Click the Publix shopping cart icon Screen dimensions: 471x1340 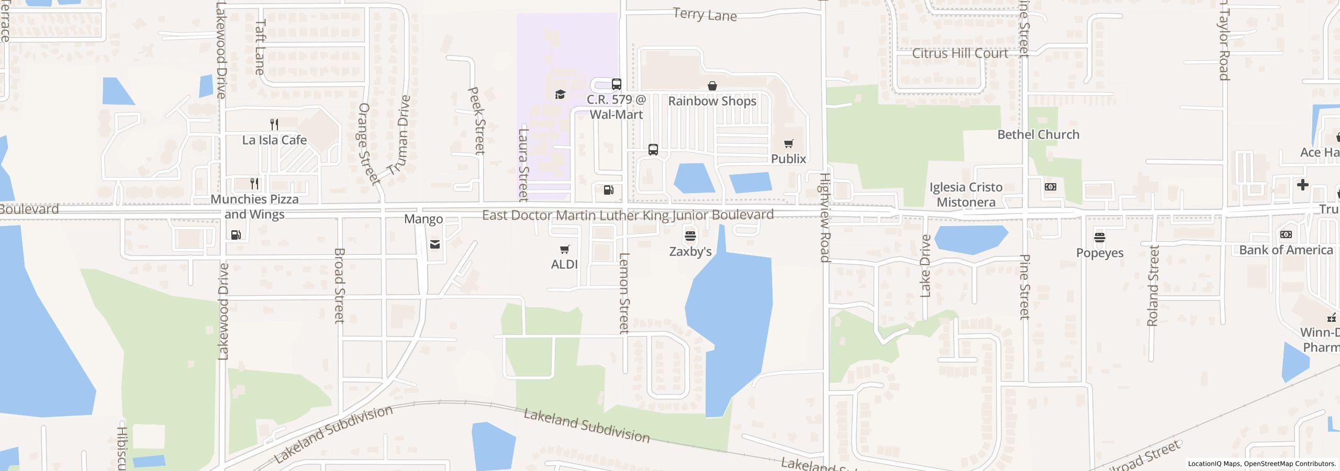pos(788,144)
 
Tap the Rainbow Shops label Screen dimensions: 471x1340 pos(712,101)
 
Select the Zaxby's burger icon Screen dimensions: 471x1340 pos(690,236)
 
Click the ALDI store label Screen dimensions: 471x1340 pos(564,264)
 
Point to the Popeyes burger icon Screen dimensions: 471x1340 pos(1099,238)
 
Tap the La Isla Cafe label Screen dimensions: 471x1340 pos(274,140)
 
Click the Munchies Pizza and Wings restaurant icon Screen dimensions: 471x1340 pos(254,184)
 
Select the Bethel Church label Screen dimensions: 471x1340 pos(1038,134)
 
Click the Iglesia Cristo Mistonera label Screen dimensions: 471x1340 pos(966,195)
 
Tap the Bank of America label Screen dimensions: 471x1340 pos(1286,250)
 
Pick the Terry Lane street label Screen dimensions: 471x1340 pos(705,15)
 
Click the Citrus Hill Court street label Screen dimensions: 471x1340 pos(960,53)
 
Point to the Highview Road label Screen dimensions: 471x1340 pos(824,217)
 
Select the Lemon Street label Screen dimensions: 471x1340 pos(623,293)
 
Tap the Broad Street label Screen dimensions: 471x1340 pos(339,285)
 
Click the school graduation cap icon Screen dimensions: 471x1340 pos(560,95)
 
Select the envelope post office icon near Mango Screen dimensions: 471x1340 pos(434,244)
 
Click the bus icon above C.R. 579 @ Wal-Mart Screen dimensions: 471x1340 pos(617,84)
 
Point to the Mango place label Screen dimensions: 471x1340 pos(423,219)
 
